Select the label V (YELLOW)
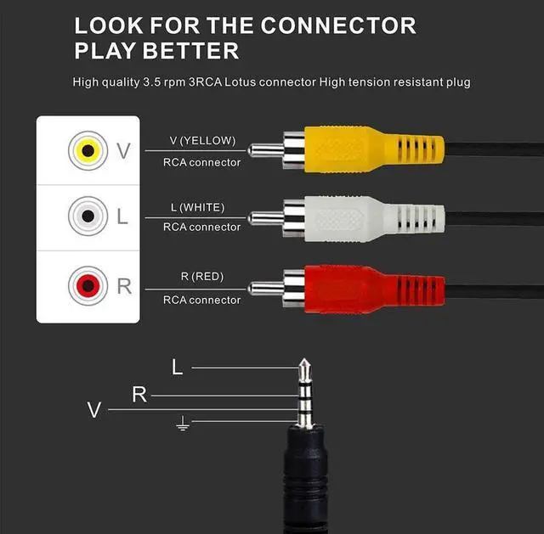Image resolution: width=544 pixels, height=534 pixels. coord(202,141)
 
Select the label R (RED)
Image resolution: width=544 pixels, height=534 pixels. coord(202,277)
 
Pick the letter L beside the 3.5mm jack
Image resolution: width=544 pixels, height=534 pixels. coord(177,368)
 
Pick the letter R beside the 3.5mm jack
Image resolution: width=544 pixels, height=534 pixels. coord(139,395)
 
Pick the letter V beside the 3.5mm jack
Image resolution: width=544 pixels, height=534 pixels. coord(93,410)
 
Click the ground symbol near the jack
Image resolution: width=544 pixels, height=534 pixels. coord(182,423)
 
